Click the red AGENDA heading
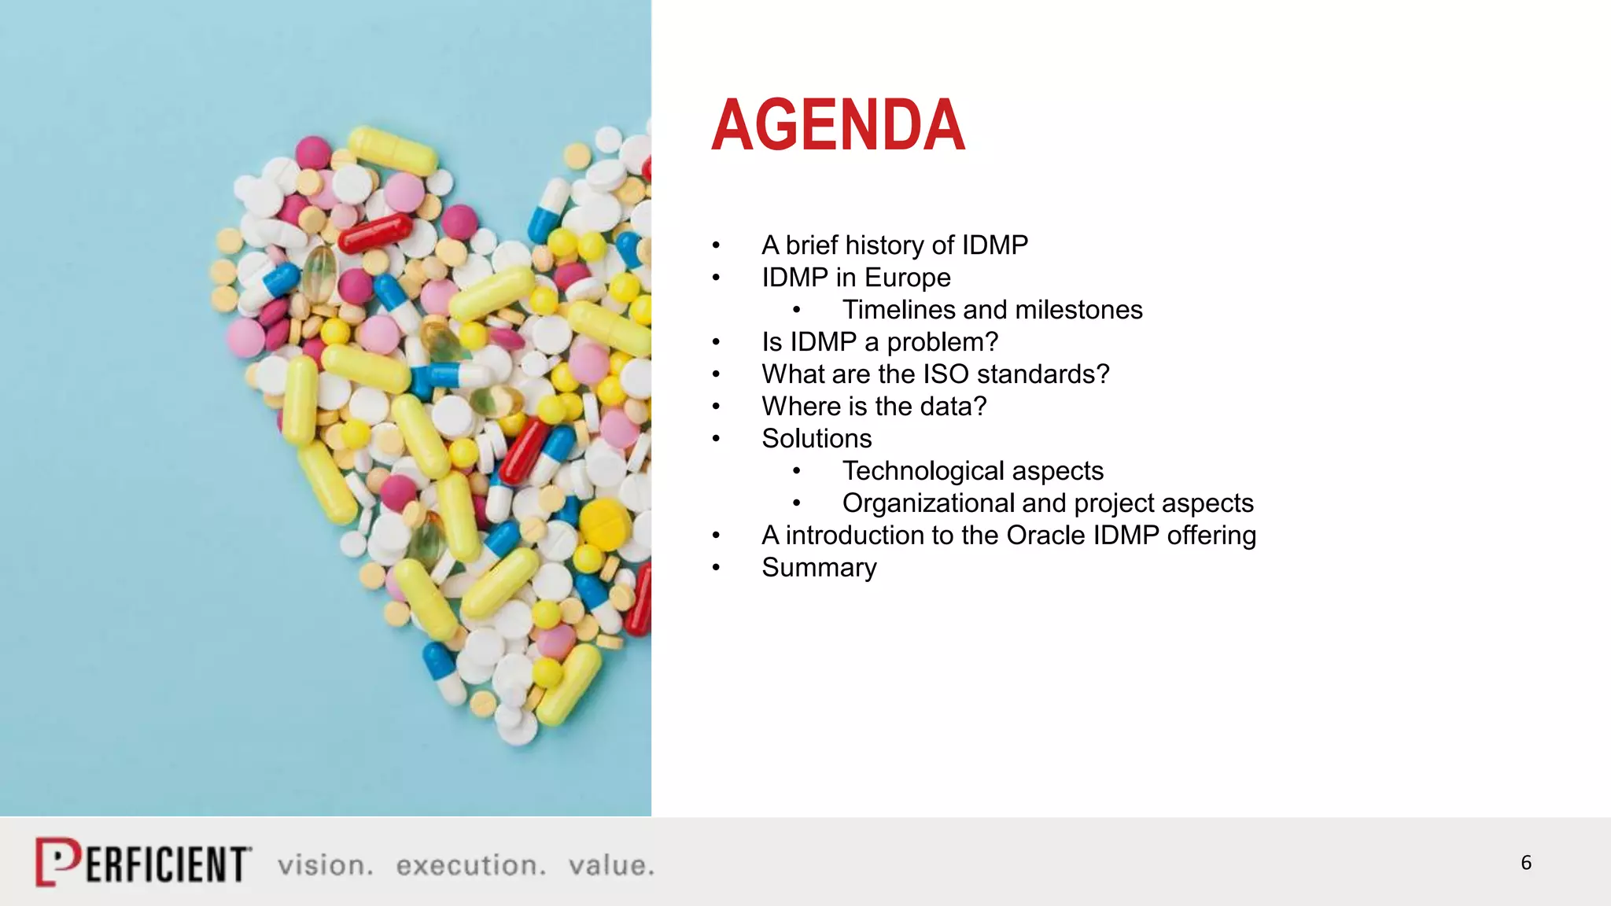coord(838,126)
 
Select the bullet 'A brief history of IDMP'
coord(894,245)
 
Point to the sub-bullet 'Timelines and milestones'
coord(992,310)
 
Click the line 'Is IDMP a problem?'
coord(879,342)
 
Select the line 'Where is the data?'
coord(873,407)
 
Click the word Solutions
coord(817,439)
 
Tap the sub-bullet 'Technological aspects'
coord(972,471)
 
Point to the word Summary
coord(819,568)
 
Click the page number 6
coord(1525,863)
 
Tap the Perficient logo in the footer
coord(143,863)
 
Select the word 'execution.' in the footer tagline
coord(470,865)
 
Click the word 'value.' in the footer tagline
coord(611,865)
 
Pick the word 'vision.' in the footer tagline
coord(325,865)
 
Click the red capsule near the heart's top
coord(374,233)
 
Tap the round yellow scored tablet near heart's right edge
coord(604,523)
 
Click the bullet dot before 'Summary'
coord(716,568)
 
